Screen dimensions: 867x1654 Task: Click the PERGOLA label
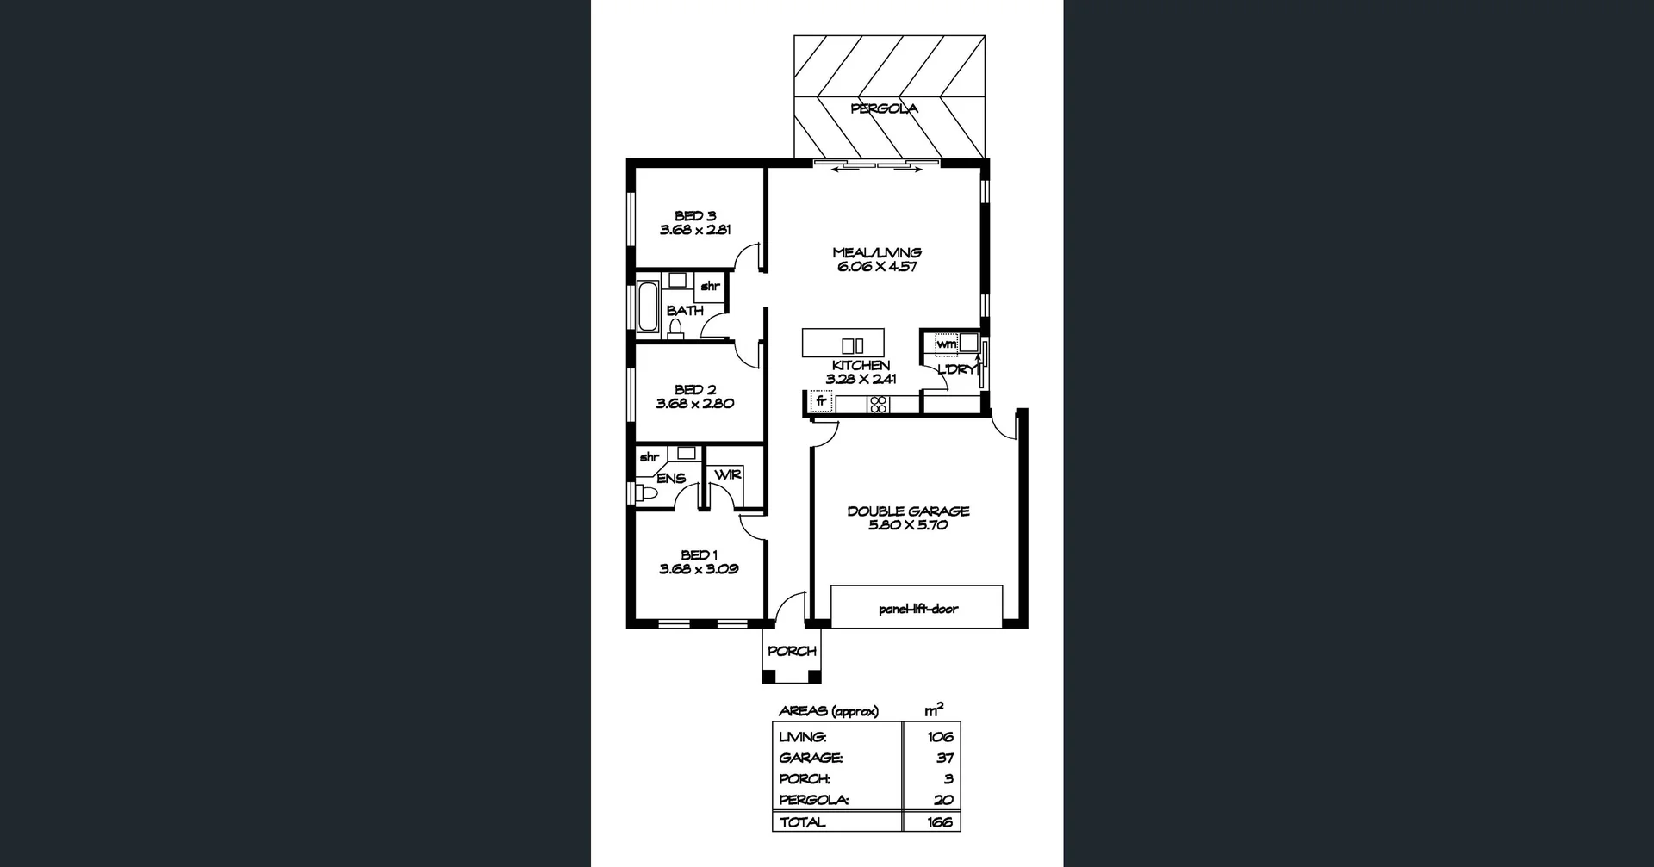click(884, 108)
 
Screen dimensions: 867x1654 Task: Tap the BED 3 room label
click(695, 216)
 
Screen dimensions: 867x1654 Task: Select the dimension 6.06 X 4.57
click(877, 267)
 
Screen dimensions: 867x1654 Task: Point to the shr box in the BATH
click(710, 287)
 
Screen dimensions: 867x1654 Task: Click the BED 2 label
click(695, 390)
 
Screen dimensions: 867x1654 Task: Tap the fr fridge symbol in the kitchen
click(821, 400)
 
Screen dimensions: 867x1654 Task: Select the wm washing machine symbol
click(946, 344)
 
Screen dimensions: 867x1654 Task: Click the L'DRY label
click(956, 369)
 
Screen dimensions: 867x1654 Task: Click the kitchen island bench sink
click(853, 346)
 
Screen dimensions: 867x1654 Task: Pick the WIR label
click(728, 475)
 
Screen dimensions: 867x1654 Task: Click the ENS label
click(671, 479)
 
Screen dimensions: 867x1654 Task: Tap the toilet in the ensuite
click(645, 493)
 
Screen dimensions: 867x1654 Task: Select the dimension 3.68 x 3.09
click(699, 569)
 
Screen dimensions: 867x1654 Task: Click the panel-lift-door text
click(918, 609)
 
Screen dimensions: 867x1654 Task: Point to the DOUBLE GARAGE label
click(908, 511)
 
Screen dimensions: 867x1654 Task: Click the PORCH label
click(792, 652)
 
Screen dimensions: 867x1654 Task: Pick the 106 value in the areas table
click(940, 737)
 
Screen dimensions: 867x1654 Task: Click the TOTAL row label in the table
click(802, 822)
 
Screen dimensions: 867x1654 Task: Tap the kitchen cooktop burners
click(878, 404)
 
